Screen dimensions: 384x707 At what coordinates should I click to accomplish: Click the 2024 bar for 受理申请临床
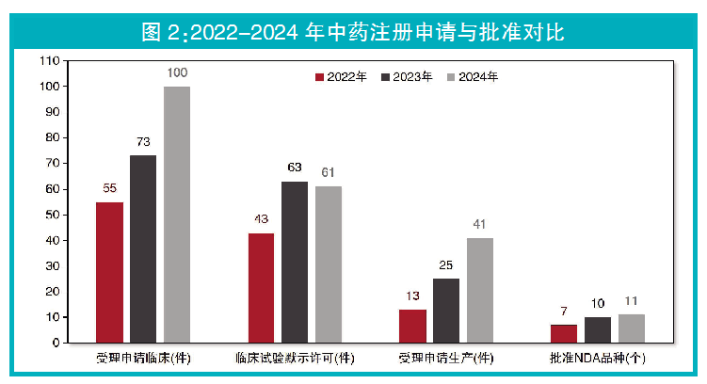point(177,215)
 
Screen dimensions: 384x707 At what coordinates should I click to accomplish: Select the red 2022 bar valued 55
point(109,272)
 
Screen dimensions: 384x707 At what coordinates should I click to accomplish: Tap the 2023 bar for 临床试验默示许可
point(295,262)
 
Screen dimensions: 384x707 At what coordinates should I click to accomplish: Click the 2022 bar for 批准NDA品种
point(563,333)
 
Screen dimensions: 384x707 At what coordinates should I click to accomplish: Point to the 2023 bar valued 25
point(446,311)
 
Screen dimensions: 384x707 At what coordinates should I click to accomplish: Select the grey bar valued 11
point(632,328)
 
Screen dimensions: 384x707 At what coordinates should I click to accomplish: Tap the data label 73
point(143,142)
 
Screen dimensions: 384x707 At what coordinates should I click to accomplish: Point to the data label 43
point(261,219)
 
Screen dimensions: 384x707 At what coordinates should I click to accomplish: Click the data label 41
point(479,224)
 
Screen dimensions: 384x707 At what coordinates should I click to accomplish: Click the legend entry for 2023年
point(407,77)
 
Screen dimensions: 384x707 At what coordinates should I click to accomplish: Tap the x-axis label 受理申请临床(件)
point(143,359)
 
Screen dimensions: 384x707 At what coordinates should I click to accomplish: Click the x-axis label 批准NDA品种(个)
point(598,359)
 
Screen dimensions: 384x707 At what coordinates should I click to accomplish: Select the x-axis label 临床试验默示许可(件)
point(295,359)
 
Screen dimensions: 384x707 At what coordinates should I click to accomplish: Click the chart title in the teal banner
point(352,32)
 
